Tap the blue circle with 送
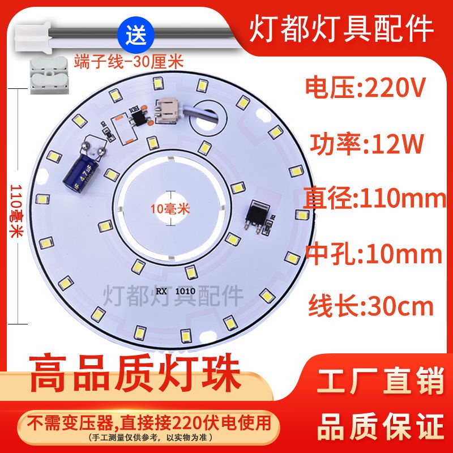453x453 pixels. [x=136, y=35]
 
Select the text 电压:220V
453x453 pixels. [x=365, y=87]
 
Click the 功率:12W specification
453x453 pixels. [x=366, y=143]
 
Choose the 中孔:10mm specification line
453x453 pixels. [x=374, y=254]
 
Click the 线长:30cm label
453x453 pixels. [x=371, y=306]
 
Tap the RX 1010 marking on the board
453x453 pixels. [x=176, y=291]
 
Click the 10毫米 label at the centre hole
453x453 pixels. [x=170, y=208]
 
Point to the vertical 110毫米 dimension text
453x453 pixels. [x=16, y=211]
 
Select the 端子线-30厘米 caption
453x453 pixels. [x=129, y=62]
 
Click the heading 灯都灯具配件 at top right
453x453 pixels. [x=341, y=28]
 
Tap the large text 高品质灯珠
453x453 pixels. [x=135, y=373]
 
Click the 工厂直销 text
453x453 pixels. [x=380, y=379]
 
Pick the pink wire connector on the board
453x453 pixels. [x=166, y=110]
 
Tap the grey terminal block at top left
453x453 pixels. [x=50, y=75]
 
